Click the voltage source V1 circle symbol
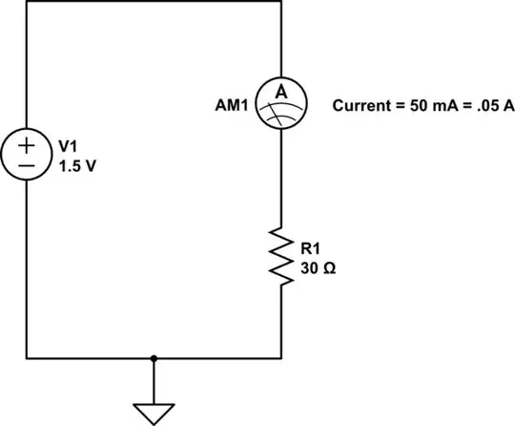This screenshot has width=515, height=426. [x=27, y=156]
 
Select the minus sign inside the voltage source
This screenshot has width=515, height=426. [x=27, y=166]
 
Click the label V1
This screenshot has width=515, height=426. [x=67, y=146]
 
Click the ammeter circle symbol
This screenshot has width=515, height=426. [x=280, y=106]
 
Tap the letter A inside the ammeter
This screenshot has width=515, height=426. [x=280, y=93]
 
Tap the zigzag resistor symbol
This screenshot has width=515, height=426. [x=280, y=256]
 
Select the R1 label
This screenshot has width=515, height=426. [x=309, y=248]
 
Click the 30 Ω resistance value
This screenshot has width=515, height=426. [x=317, y=267]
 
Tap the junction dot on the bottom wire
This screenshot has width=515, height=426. [x=154, y=359]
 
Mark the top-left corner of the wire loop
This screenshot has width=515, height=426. [x=27, y=2]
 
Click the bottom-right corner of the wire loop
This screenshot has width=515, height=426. [x=280, y=359]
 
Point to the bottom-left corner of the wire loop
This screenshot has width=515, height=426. [x=27, y=359]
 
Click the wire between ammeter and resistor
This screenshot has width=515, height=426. [x=280, y=181]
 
